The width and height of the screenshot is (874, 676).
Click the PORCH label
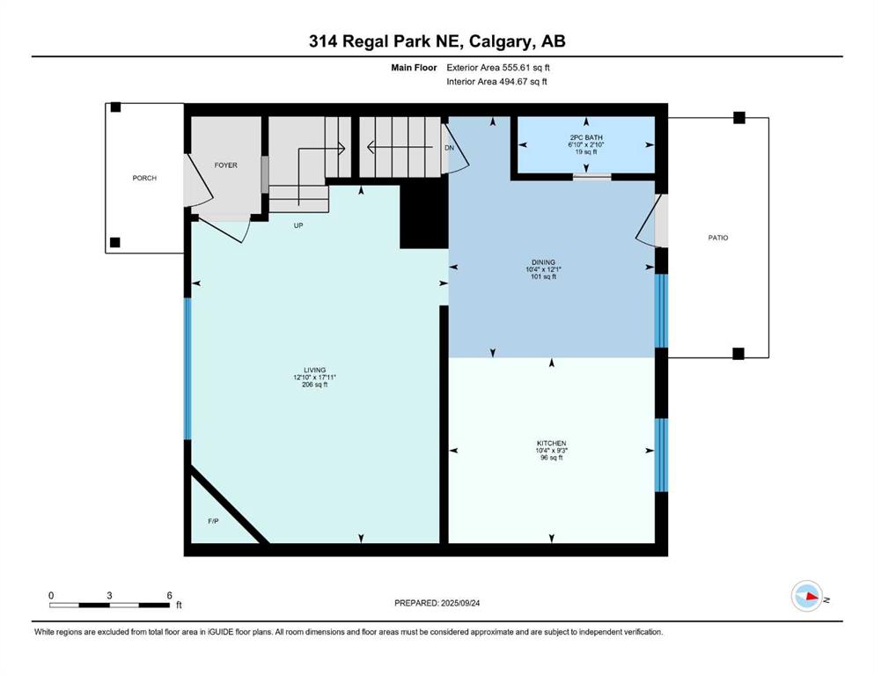tap(144, 178)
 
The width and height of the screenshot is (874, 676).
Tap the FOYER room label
tap(225, 165)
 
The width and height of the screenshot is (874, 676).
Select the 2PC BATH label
tap(586, 137)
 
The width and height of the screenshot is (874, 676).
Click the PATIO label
tap(718, 238)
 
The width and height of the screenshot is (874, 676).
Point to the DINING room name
tap(543, 262)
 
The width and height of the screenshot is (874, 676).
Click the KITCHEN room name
tap(551, 443)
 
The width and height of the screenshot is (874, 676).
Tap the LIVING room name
tap(314, 370)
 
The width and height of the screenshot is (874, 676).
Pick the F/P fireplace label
tap(213, 521)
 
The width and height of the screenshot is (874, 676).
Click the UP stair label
tap(298, 225)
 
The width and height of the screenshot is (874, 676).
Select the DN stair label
tap(449, 148)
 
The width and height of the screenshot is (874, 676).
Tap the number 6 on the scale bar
tap(170, 595)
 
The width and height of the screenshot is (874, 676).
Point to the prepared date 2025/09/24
tap(459, 603)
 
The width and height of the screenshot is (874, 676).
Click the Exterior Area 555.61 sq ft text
tap(498, 68)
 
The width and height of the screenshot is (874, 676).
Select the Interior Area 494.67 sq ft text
tap(496, 81)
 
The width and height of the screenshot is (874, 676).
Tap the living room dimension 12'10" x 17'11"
tap(314, 378)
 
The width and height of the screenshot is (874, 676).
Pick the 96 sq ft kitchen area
tap(551, 458)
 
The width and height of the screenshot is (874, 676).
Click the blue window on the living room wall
tap(187, 369)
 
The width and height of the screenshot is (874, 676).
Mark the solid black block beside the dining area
tap(424, 217)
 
